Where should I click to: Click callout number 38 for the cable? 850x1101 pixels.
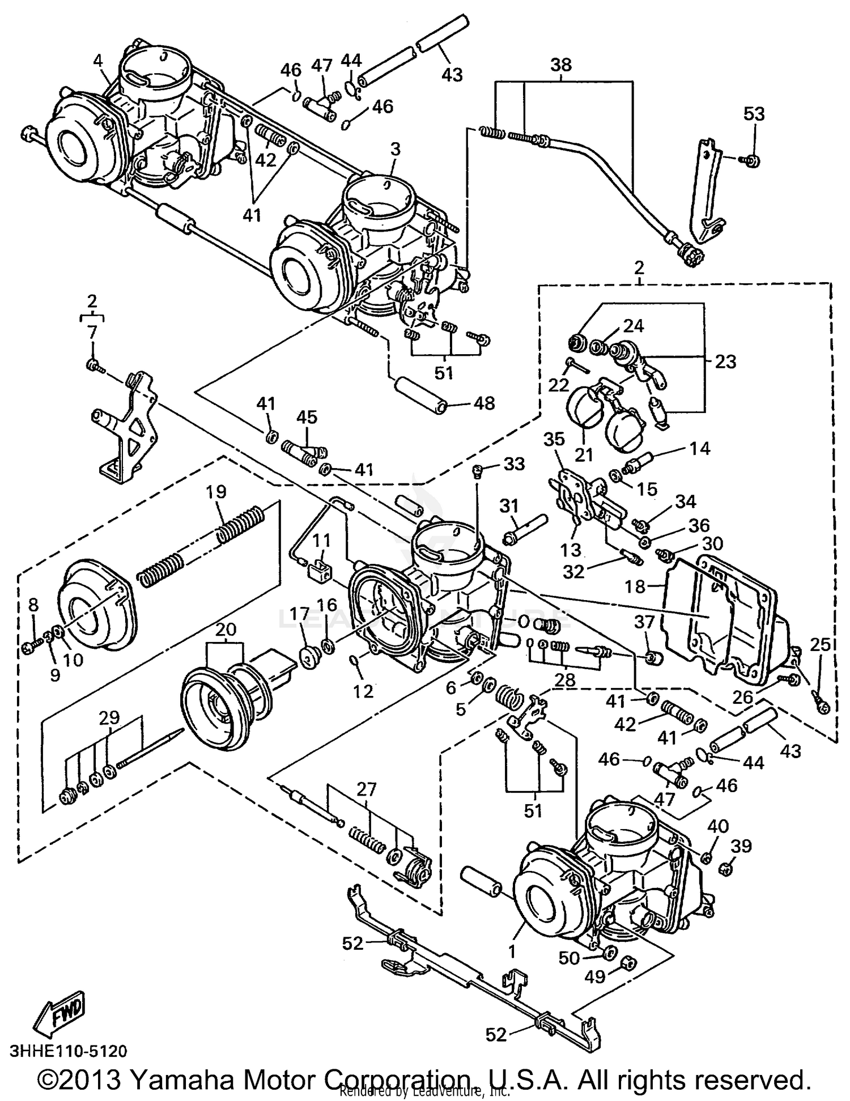pyautogui.click(x=560, y=65)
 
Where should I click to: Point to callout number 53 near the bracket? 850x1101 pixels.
pyautogui.click(x=754, y=114)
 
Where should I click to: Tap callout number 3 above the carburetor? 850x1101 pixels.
pyautogui.click(x=395, y=150)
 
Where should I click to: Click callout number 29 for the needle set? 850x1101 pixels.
pyautogui.click(x=109, y=717)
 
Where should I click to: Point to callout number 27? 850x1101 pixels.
pyautogui.click(x=366, y=789)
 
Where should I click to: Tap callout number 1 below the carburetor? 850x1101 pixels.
pyautogui.click(x=512, y=952)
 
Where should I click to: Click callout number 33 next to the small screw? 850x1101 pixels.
pyautogui.click(x=514, y=464)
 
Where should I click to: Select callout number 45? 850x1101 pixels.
pyautogui.click(x=307, y=418)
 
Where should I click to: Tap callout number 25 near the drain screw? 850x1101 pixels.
pyautogui.click(x=820, y=644)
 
